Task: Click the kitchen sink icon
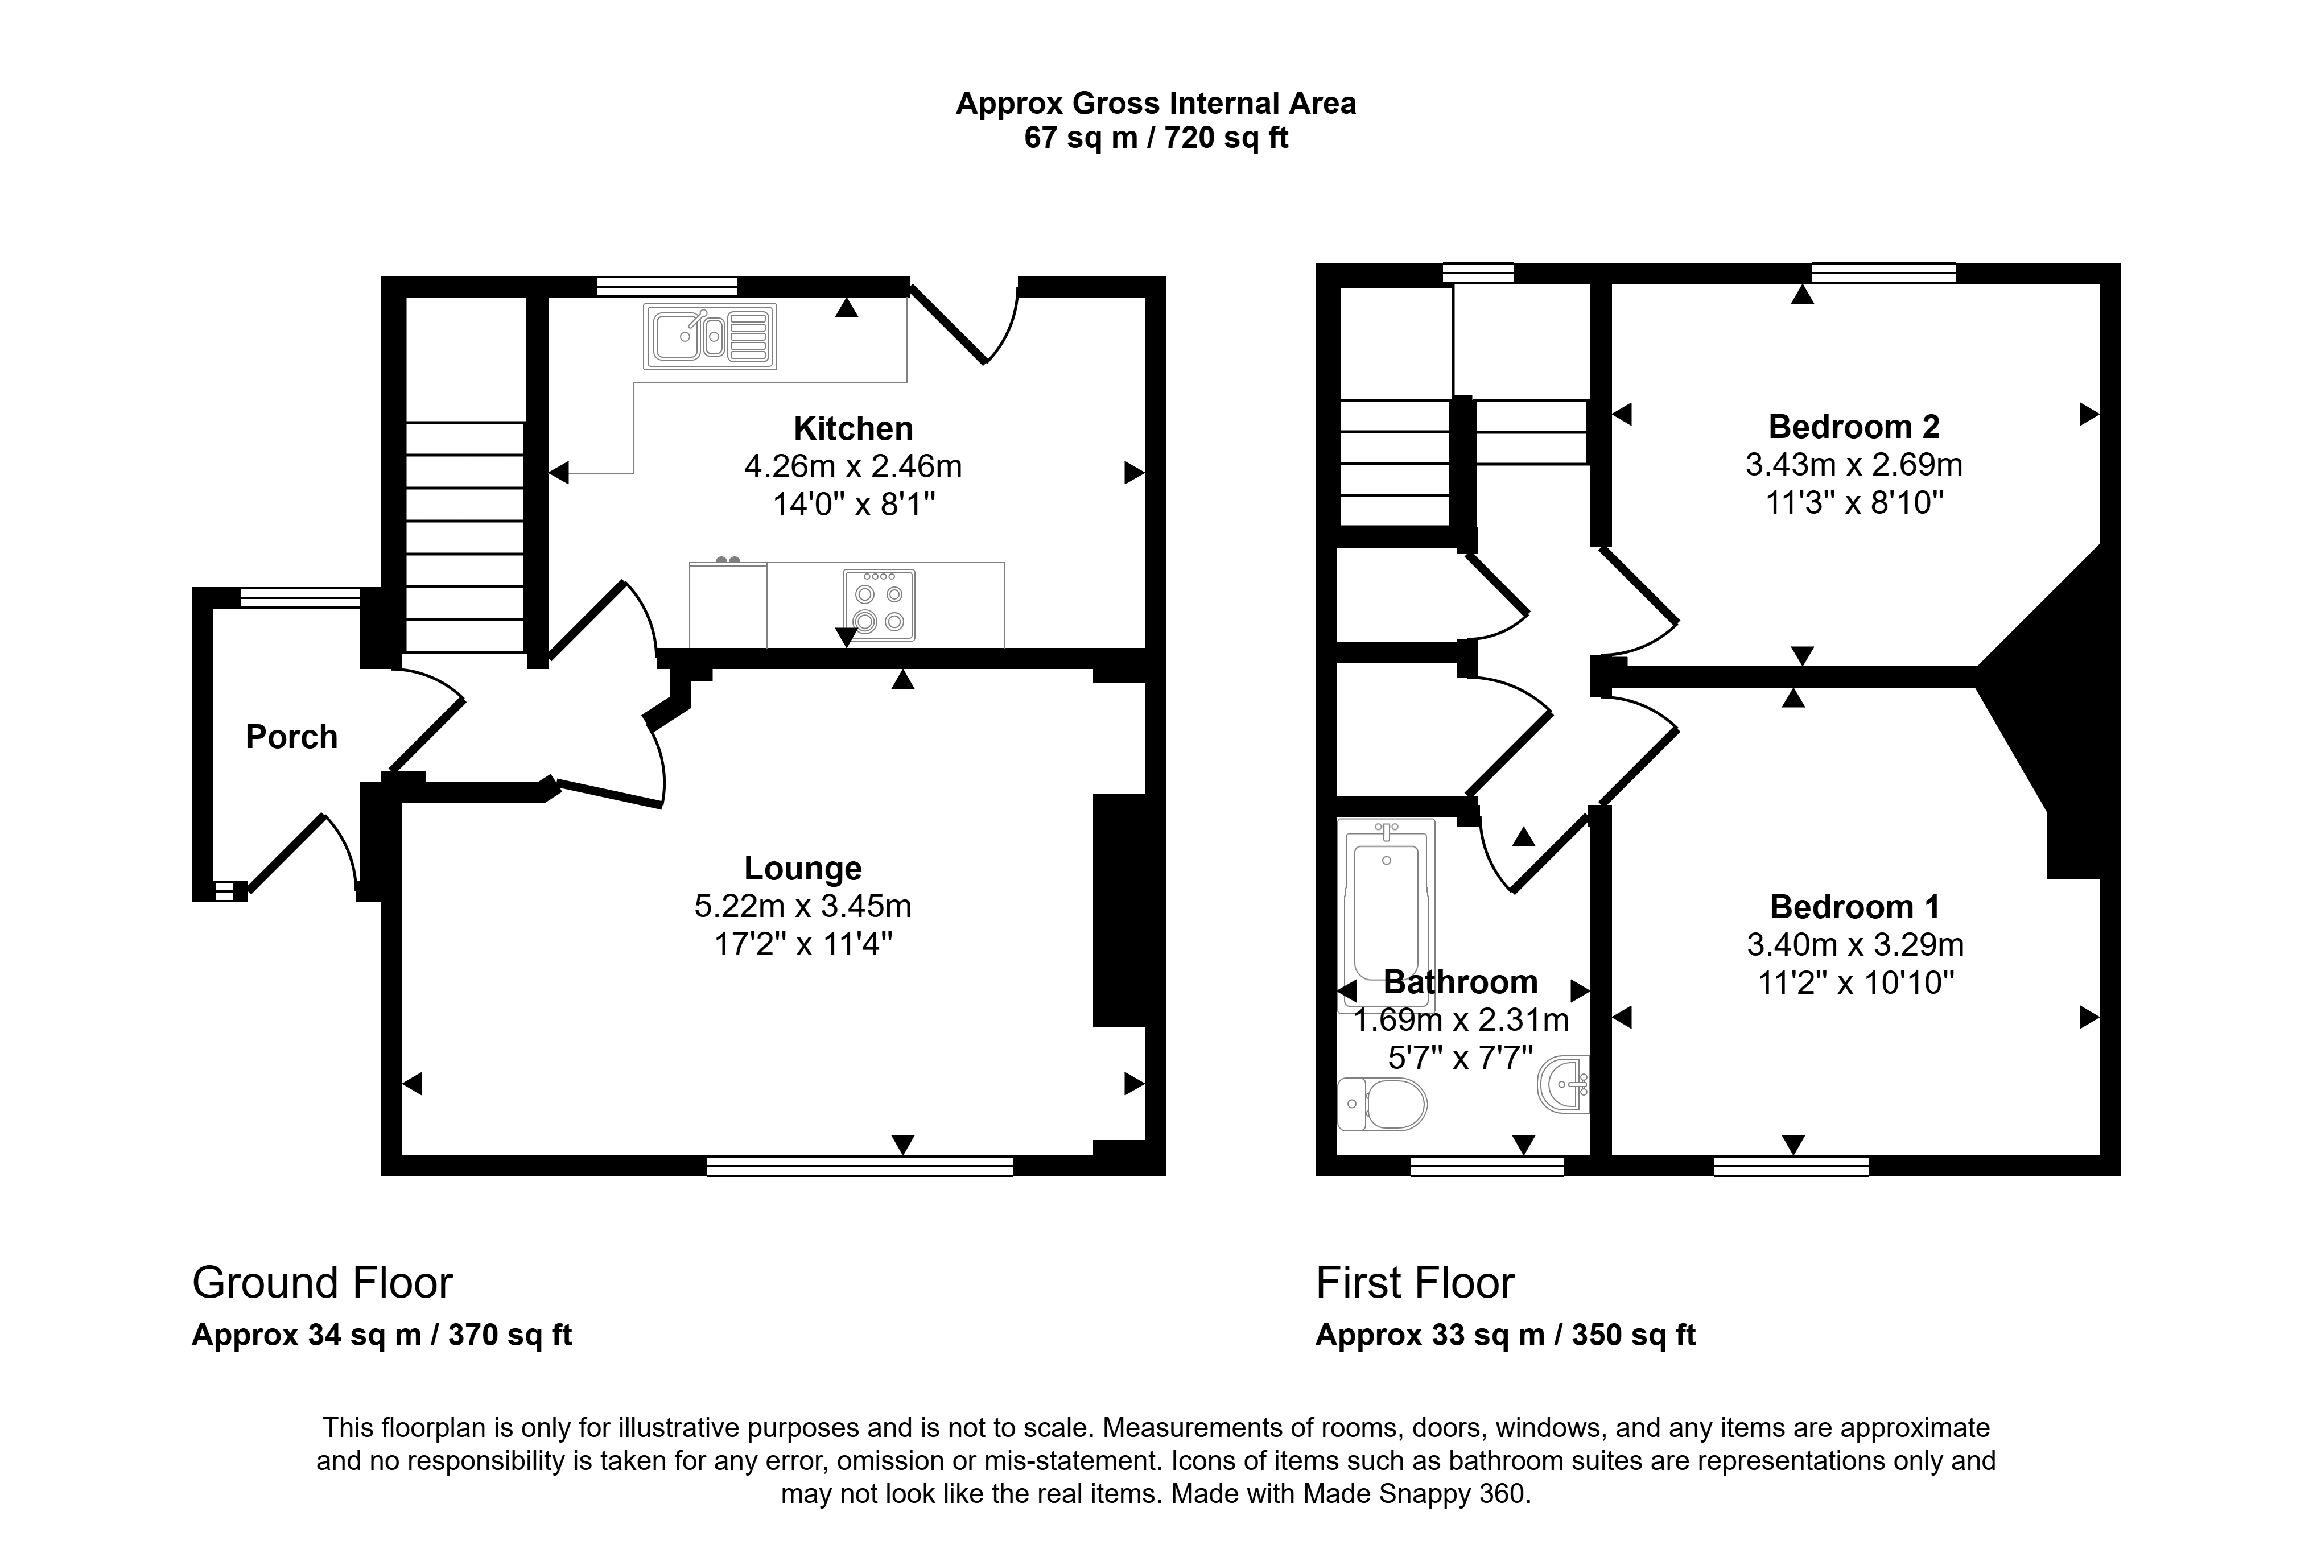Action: point(710,337)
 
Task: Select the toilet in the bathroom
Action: point(1382,1104)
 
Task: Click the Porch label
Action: point(291,737)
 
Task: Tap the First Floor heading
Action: point(1415,1283)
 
